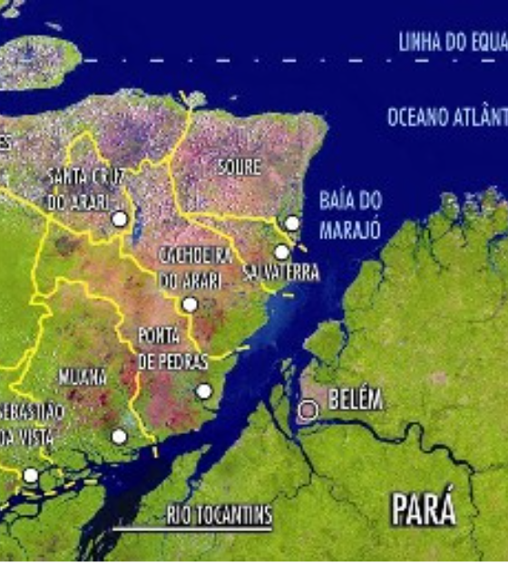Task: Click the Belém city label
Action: (356, 400)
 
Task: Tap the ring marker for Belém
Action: (308, 410)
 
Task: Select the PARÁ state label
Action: (423, 509)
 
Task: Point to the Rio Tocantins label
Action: (219, 517)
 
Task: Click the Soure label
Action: (239, 167)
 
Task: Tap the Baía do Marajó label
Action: (350, 215)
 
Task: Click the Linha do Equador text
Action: (452, 42)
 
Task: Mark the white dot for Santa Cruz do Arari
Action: (119, 219)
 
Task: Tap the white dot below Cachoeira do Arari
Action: (190, 304)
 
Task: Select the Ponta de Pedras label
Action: (172, 348)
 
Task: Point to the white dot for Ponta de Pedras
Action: (204, 391)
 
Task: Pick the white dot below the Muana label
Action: (119, 437)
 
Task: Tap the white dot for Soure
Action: (292, 223)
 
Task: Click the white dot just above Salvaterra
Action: (281, 252)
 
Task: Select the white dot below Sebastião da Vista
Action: (31, 475)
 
